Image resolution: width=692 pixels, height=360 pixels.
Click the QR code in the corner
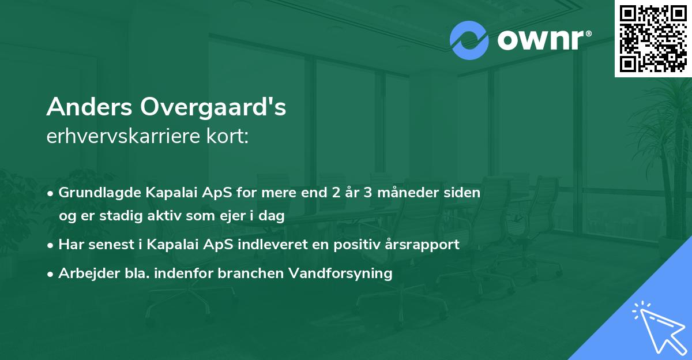(x=653, y=38)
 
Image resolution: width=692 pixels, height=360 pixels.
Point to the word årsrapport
(x=425, y=244)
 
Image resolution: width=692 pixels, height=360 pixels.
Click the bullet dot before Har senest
(x=52, y=245)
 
